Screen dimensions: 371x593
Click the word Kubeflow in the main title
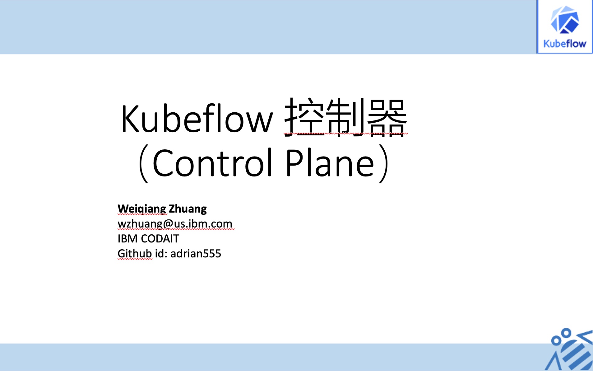(197, 119)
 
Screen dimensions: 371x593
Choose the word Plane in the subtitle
(330, 163)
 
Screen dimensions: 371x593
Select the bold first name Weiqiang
(142, 209)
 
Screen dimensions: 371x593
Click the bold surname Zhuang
(188, 209)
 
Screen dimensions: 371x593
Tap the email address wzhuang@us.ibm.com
(175, 224)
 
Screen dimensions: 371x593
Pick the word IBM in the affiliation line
(128, 239)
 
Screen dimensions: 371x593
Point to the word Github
(135, 254)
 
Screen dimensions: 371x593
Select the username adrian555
(196, 254)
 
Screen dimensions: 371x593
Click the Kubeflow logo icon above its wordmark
(565, 20)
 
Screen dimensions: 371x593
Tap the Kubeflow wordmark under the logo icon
(565, 44)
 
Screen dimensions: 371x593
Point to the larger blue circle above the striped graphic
(566, 333)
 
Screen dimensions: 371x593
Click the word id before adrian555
(161, 254)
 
